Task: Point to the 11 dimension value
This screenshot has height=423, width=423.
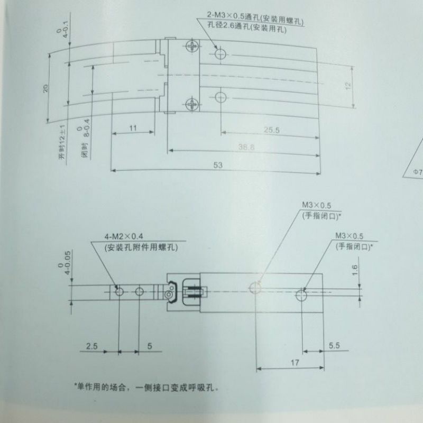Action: (133, 128)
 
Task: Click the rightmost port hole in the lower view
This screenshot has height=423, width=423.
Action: (302, 293)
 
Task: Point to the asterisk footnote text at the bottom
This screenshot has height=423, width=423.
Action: (146, 387)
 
